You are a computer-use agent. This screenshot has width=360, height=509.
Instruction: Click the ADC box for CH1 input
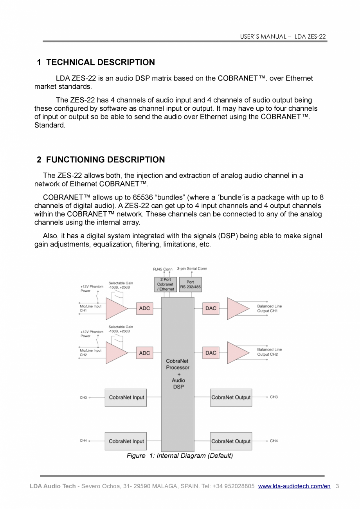(144, 308)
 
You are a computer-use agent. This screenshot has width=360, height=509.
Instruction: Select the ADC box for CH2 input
(144, 353)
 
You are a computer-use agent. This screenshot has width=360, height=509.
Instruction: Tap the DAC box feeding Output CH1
(211, 308)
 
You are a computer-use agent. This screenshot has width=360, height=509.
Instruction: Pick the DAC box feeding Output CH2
(211, 353)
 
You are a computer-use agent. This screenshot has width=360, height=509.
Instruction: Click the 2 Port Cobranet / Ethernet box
(165, 284)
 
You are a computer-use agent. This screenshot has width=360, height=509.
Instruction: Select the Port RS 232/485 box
(190, 284)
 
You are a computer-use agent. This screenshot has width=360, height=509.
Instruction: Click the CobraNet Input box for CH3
(126, 397)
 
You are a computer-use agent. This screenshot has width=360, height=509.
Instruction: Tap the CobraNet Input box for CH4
(126, 441)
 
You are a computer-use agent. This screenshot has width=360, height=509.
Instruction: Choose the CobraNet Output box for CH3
(231, 397)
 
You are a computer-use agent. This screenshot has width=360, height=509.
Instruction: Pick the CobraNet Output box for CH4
(231, 441)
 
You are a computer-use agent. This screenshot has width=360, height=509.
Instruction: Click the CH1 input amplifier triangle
(115, 308)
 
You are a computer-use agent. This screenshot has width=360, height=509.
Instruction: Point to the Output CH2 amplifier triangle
(236, 353)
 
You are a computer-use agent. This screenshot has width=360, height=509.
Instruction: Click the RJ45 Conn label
(162, 269)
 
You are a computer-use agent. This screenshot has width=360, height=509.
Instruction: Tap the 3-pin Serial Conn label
(192, 269)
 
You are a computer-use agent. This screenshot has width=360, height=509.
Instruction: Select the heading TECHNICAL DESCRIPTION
(100, 63)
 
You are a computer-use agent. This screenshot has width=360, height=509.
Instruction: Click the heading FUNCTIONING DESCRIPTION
(105, 160)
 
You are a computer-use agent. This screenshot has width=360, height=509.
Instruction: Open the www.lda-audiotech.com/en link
(294, 486)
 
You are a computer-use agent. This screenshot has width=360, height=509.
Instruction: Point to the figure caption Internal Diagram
(180, 456)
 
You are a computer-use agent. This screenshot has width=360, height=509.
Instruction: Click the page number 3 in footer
(337, 486)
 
